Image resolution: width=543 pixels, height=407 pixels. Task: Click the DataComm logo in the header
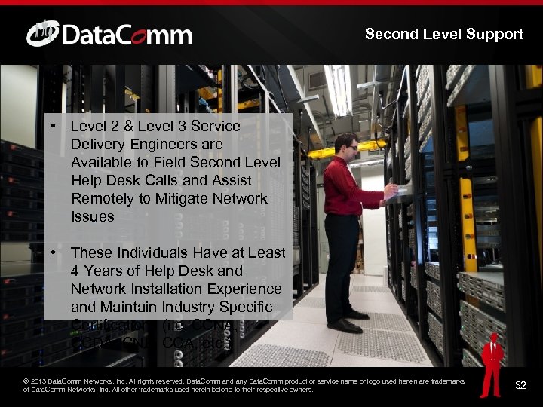[x=109, y=34]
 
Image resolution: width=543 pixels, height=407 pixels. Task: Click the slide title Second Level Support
[x=443, y=34]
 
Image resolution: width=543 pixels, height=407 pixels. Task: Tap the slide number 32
[x=520, y=386]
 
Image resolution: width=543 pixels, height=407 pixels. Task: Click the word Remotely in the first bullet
[x=100, y=198]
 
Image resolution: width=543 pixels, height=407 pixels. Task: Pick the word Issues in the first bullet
[x=92, y=216]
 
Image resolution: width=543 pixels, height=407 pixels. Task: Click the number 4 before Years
[x=75, y=271]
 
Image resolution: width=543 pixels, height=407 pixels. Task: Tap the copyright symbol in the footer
[x=27, y=381]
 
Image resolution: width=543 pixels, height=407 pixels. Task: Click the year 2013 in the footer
[x=39, y=381]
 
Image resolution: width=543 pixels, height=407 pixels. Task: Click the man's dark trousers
[x=341, y=260]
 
